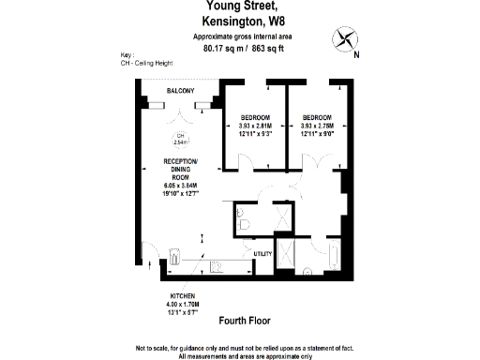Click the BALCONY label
180,91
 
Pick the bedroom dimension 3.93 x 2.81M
254,126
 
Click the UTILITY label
262,254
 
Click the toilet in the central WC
243,222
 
